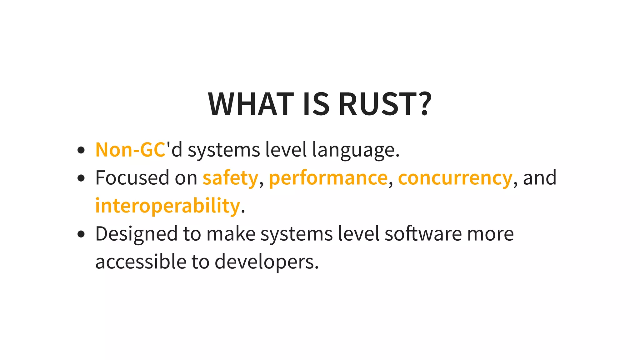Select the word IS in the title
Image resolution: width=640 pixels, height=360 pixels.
click(x=316, y=104)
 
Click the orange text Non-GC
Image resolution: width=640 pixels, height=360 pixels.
click(x=130, y=150)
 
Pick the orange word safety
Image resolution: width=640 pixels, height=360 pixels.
click(x=230, y=178)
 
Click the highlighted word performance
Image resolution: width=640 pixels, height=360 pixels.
click(x=328, y=178)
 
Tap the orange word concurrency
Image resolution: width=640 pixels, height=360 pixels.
click(x=455, y=178)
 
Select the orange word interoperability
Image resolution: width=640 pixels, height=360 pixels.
click(x=167, y=206)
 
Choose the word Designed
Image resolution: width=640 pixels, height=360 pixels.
click(x=136, y=234)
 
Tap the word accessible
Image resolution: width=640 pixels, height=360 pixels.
click(x=141, y=262)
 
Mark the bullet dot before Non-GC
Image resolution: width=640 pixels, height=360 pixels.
click(x=81, y=150)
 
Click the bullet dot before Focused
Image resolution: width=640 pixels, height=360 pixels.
click(x=81, y=178)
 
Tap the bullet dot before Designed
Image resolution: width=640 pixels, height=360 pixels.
click(x=81, y=234)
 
